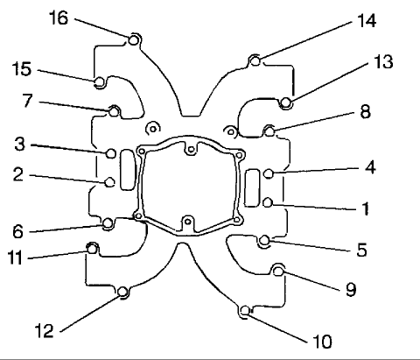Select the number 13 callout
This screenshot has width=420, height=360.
(x=382, y=63)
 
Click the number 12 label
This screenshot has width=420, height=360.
(x=45, y=330)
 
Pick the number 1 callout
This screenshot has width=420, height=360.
(x=365, y=209)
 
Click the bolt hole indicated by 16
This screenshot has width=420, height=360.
(x=134, y=39)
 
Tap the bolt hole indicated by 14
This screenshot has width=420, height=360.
(x=254, y=60)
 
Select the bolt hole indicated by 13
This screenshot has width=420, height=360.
(x=285, y=104)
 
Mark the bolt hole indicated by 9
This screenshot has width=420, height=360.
(x=278, y=271)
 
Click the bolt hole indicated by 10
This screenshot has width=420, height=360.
(x=245, y=308)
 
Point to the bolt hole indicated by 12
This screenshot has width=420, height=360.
(x=123, y=292)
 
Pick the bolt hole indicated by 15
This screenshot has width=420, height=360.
(x=100, y=83)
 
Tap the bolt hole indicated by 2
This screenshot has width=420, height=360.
(x=109, y=182)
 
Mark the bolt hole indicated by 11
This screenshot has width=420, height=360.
(x=90, y=249)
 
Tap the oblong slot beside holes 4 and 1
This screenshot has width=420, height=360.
(x=253, y=187)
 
